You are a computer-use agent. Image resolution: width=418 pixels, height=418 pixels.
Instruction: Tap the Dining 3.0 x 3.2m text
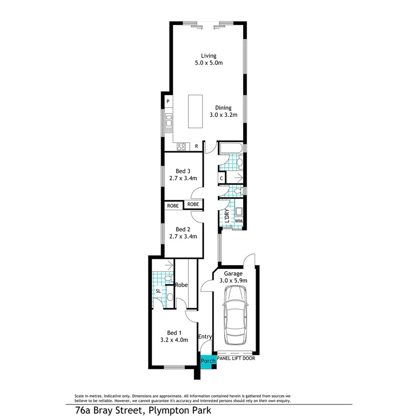pyautogui.click(x=223, y=111)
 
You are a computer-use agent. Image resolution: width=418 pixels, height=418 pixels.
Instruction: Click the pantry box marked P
pyautogui.click(x=168, y=102)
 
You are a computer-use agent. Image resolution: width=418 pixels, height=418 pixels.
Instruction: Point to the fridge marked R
pyautogui.click(x=196, y=146)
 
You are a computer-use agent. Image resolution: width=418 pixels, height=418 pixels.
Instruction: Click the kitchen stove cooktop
pyautogui.click(x=182, y=146)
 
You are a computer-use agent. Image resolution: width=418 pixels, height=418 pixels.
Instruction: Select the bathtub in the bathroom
pyautogui.click(x=231, y=148)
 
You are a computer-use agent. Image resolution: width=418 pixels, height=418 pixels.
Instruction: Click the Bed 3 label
pyautogui.click(x=183, y=174)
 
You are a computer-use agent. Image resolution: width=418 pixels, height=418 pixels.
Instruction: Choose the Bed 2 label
pyautogui.click(x=183, y=232)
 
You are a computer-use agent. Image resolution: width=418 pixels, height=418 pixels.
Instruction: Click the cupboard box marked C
pyautogui.click(x=222, y=179)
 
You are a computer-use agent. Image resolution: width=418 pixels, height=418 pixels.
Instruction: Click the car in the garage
pyautogui.click(x=235, y=314)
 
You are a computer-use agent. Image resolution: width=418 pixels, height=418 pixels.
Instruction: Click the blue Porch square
pyautogui.click(x=208, y=361)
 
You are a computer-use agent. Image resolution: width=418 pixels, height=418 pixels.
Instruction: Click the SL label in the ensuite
pyautogui.click(x=158, y=291)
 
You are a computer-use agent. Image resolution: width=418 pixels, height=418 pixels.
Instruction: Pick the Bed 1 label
pyautogui.click(x=174, y=336)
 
